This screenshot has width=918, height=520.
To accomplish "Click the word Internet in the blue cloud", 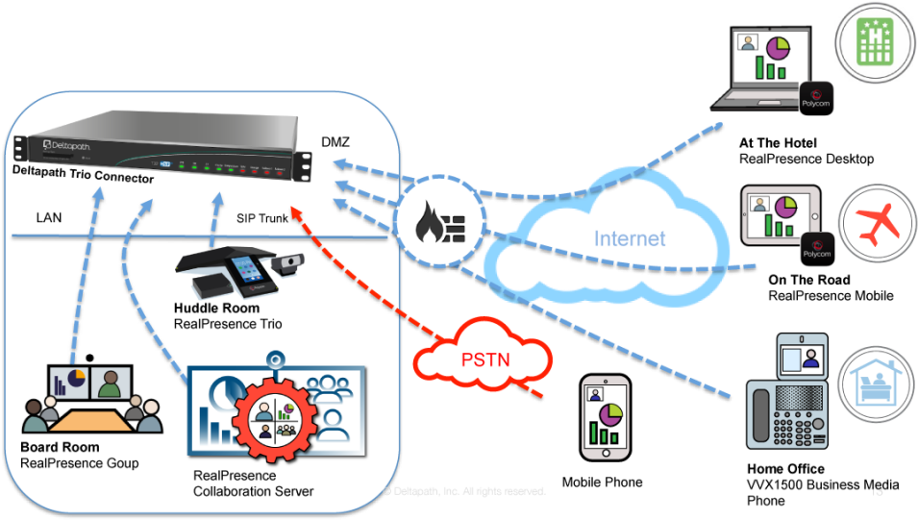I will coord(630,239).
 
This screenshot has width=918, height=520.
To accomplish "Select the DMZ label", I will coord(335,143).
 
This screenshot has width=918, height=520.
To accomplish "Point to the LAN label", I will coord(49,218).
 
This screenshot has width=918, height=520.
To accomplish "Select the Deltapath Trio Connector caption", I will coord(83,179).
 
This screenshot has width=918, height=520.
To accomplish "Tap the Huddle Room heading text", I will coord(216,309).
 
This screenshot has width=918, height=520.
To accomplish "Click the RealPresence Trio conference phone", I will coord(231,270).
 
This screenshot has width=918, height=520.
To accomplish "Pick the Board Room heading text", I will coord(60,448).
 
